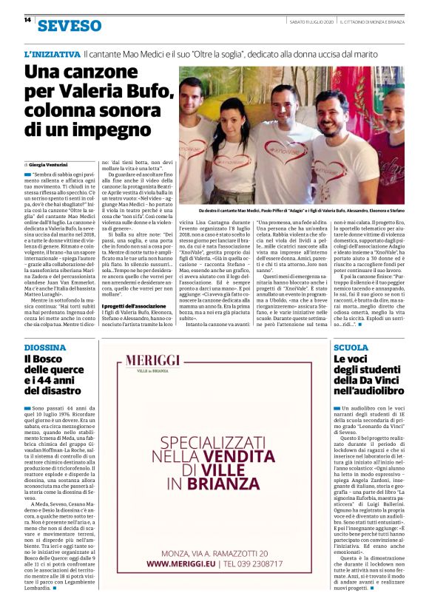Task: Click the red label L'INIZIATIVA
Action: [x=51, y=55]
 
